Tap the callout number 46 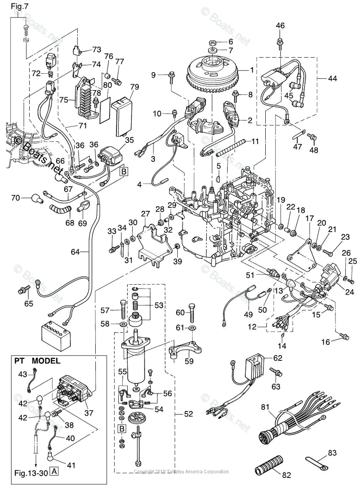(x=280, y=26)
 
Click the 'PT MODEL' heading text (x=37, y=360)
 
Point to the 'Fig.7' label (x=18, y=7)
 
